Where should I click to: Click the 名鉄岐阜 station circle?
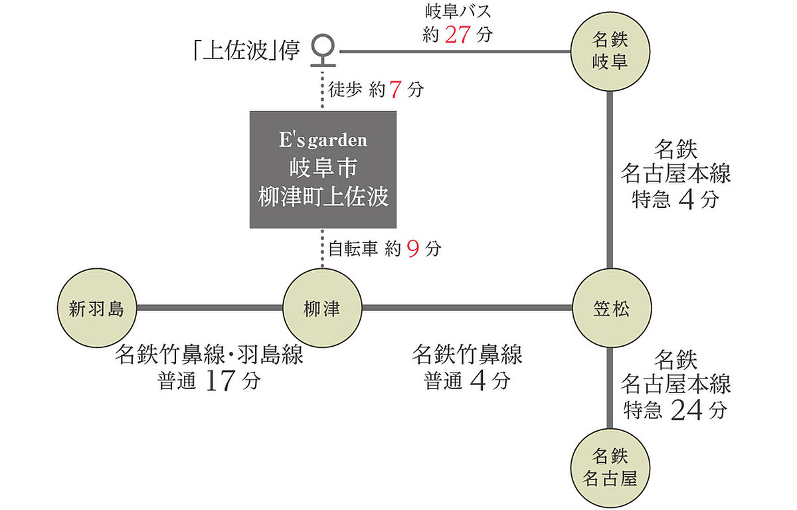[610, 52]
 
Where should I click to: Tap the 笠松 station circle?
[610, 308]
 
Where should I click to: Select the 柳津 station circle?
[321, 308]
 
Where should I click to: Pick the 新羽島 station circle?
[97, 308]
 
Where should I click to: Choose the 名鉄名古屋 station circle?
[610, 467]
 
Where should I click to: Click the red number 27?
[458, 35]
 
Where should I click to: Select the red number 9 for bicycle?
[412, 250]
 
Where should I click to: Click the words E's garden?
[323, 140]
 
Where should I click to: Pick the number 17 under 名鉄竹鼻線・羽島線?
[219, 382]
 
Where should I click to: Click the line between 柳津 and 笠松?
[465, 308]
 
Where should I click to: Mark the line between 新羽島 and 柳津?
[209, 308]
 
